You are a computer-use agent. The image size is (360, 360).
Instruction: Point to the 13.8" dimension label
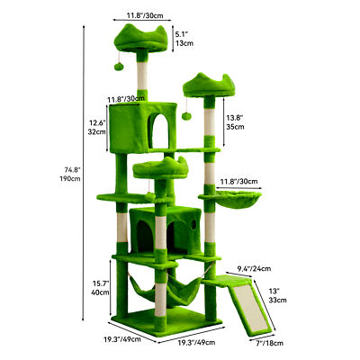[x=235, y=117]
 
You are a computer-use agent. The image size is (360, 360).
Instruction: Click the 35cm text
[x=235, y=128]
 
